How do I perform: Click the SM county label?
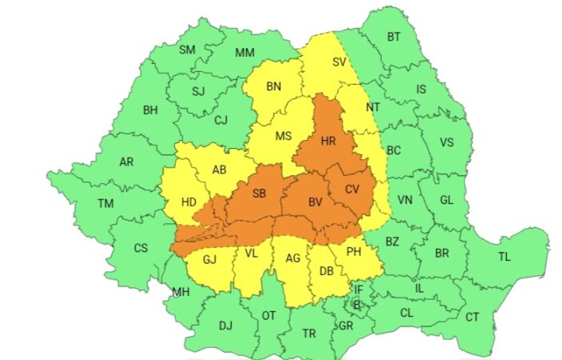pos(186,50)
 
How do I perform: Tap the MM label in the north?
pos(245,53)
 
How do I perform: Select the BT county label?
pos(393,37)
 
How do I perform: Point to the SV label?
pos(339,62)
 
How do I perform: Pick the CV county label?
pos(352,189)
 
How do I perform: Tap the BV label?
pos(316,202)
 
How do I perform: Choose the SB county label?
pos(259,194)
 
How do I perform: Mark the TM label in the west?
pos(106,203)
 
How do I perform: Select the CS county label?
pos(141,248)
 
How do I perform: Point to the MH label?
pos(181,291)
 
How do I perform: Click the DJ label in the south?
pos(225,325)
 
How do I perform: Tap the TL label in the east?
pos(504,257)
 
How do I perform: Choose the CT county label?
pos(472,317)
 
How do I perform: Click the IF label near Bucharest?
pos(358,289)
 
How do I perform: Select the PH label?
pos(354,254)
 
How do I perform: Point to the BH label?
pos(150,110)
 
